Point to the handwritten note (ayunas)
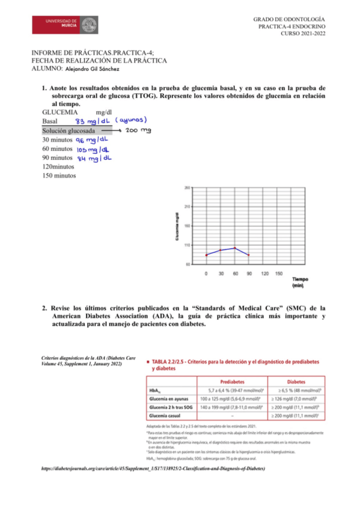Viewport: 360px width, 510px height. coord(132,120)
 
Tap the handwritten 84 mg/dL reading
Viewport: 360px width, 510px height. coord(94,159)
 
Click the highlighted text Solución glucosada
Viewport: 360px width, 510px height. coord(69,131)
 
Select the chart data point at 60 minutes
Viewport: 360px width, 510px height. coord(235,248)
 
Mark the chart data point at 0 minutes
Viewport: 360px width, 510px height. coord(206,255)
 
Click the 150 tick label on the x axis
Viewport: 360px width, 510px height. coord(279,274)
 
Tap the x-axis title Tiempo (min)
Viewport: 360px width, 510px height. coord(301,283)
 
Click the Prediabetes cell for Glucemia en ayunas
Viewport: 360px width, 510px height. coord(233,399)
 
